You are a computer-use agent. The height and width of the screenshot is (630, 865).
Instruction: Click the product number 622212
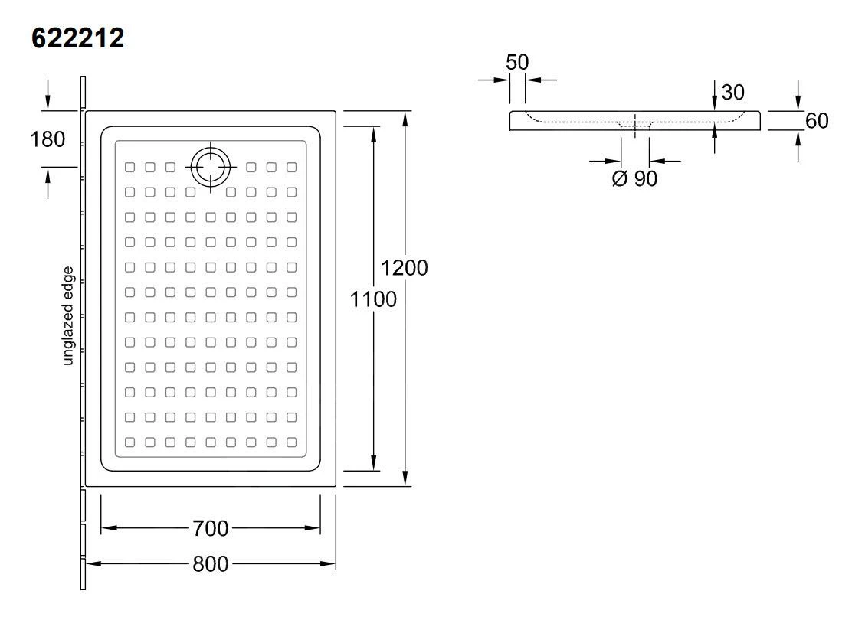tap(77, 38)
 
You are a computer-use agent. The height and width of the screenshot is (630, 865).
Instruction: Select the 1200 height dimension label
tap(405, 268)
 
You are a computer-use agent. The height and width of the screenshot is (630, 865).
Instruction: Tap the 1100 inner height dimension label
tap(373, 299)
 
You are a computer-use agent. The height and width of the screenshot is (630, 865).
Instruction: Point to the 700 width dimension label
tap(210, 528)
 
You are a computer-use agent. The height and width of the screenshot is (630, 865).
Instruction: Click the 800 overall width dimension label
tap(210, 564)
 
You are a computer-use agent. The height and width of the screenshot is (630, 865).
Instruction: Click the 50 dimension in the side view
tap(517, 62)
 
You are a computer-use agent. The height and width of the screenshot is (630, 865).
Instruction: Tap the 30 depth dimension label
tap(732, 93)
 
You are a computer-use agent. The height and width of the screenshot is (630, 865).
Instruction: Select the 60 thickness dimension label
tap(817, 121)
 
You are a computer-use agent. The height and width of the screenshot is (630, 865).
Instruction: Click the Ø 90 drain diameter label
tap(634, 179)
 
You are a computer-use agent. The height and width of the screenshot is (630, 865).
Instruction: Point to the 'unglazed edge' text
tap(68, 315)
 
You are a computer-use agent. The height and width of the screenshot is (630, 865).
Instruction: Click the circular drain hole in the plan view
tap(209, 166)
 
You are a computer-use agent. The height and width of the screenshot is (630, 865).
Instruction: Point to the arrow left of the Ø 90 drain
tap(613, 161)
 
